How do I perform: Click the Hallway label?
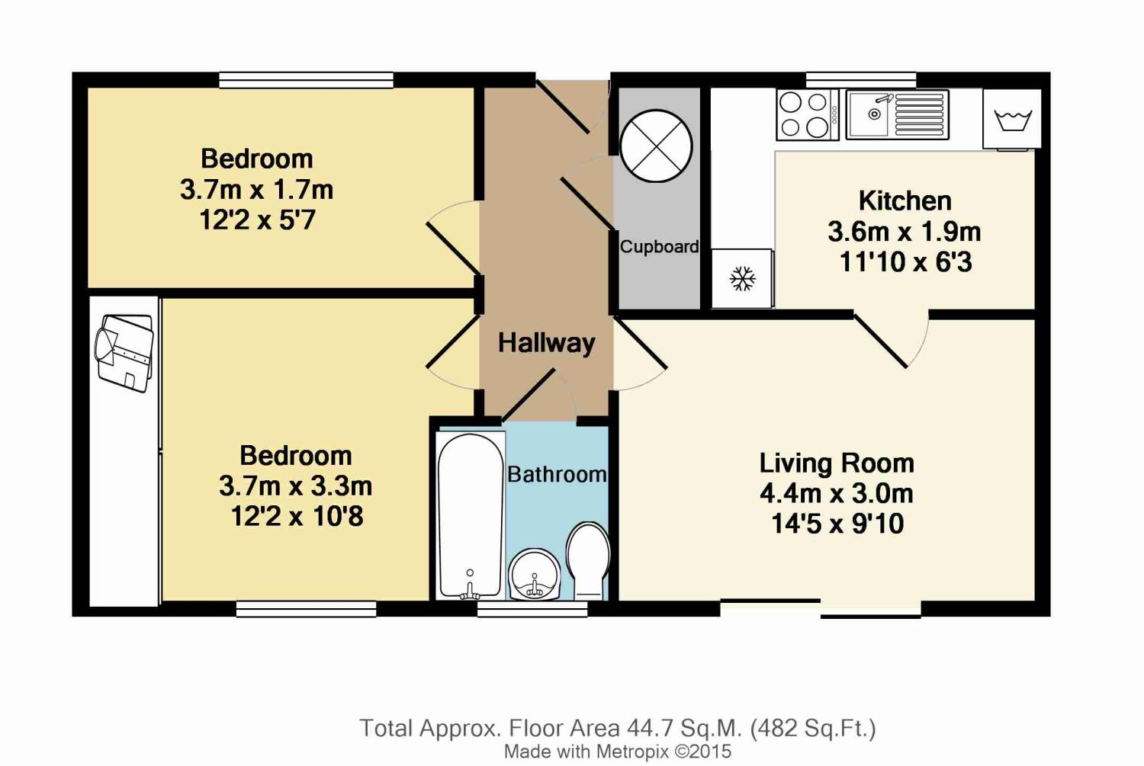point(547,342)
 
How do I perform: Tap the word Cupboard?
point(660,247)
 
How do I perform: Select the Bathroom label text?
point(558,475)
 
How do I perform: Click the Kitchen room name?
point(905,201)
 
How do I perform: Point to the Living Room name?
point(837,463)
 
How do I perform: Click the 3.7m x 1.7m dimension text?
point(257,190)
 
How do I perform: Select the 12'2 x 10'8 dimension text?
point(297,516)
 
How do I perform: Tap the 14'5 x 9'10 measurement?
point(837,524)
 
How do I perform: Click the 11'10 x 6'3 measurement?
point(905,262)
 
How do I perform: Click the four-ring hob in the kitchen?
point(808,115)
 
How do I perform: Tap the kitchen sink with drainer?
point(898,115)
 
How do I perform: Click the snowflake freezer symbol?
point(743,279)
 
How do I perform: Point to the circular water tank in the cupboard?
point(656,146)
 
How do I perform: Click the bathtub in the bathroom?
point(471,515)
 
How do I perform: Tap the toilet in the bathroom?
point(588,560)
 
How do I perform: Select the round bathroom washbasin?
point(535,575)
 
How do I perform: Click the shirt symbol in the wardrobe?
point(124,353)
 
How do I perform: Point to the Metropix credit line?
point(618,752)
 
